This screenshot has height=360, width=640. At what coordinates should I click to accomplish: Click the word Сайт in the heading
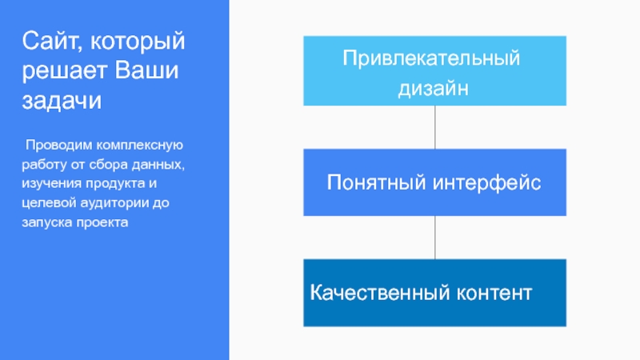tap(49, 40)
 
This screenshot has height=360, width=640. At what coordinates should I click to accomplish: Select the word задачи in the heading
tap(62, 102)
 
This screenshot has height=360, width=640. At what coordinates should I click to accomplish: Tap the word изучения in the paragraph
tap(49, 184)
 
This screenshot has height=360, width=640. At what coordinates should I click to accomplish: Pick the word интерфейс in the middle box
tap(487, 183)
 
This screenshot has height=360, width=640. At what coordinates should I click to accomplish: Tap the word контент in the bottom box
tap(493, 291)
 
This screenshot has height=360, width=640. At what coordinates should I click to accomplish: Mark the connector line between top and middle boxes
tap(435, 126)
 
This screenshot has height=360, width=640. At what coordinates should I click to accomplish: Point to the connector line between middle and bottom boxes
tap(435, 237)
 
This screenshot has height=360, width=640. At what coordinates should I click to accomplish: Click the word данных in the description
tap(159, 166)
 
